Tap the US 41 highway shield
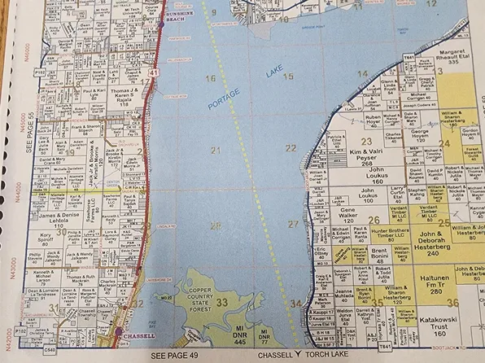(x=154, y=74)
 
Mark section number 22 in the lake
(x=291, y=148)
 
